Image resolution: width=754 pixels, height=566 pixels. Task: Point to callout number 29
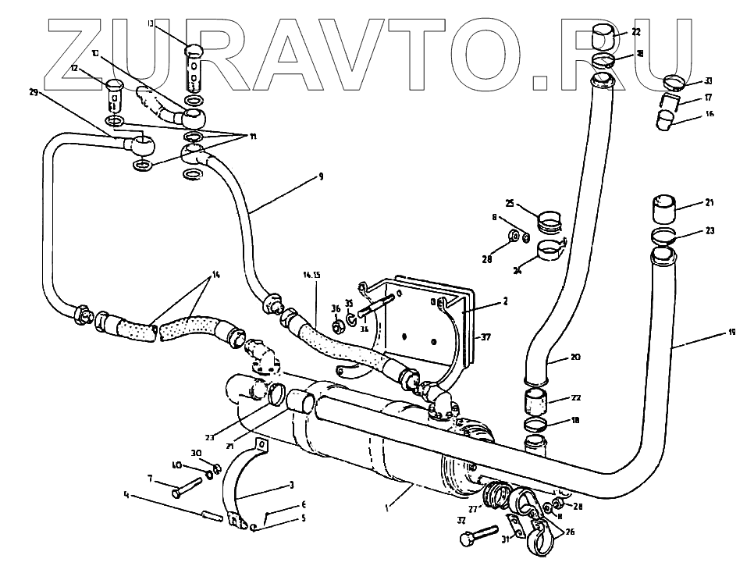[33, 92]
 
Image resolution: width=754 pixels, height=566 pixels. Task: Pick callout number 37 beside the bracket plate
[485, 336]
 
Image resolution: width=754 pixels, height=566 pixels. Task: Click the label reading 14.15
[311, 275]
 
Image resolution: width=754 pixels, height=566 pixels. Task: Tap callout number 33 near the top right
[708, 80]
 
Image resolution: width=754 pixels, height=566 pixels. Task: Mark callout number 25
[509, 202]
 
